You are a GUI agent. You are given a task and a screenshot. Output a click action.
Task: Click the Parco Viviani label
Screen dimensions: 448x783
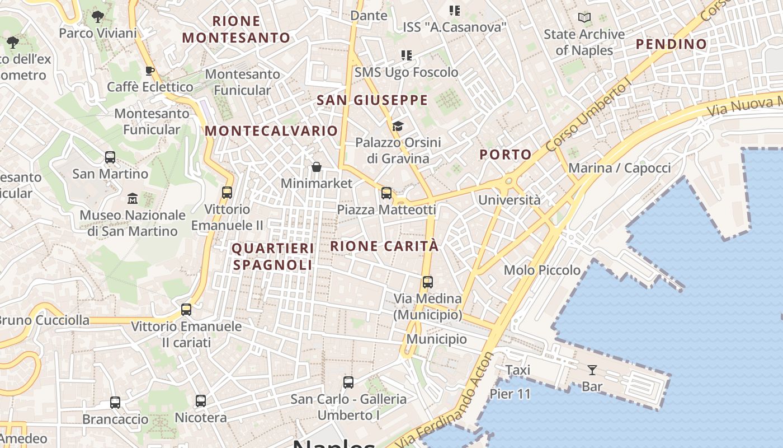[98, 34]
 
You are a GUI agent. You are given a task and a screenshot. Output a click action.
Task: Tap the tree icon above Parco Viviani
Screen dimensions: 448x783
[98, 17]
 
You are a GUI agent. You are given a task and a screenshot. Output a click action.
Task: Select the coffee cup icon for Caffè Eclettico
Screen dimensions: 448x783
[149, 71]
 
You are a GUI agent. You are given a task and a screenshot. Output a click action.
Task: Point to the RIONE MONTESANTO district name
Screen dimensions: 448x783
[237, 30]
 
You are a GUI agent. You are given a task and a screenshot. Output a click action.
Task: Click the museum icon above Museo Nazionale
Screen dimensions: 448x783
[133, 198]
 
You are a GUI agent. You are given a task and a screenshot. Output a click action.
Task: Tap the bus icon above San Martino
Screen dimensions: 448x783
[110, 157]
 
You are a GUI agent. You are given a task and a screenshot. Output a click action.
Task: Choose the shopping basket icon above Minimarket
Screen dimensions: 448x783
[317, 167]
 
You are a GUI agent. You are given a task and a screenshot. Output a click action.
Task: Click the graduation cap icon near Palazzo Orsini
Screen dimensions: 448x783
[398, 126]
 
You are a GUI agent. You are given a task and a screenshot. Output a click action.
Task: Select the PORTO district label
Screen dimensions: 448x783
[506, 155]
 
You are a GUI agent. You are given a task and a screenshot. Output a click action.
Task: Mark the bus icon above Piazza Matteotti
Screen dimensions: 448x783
[386, 193]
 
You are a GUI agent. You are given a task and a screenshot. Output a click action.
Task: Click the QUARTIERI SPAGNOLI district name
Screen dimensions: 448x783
[273, 256]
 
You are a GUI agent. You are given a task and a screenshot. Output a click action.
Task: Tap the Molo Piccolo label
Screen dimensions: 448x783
[542, 270]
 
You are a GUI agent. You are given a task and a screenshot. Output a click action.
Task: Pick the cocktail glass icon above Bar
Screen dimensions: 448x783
[592, 370]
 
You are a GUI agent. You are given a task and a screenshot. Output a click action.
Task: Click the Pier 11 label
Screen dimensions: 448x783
[510, 394]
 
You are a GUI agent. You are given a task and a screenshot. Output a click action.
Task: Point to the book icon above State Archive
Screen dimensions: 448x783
[584, 18]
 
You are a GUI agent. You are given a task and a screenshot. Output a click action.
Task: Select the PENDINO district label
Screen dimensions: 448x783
[672, 44]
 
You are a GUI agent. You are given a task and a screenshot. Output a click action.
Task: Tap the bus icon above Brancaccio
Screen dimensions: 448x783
[115, 403]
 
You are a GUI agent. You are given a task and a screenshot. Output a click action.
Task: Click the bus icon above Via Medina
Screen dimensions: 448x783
[428, 282]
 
